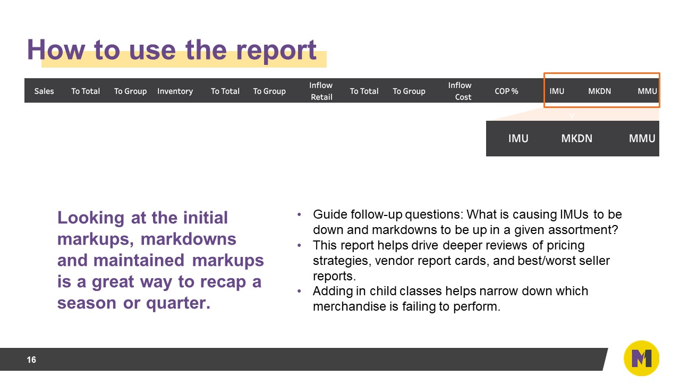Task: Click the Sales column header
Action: (x=44, y=91)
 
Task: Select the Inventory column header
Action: (x=175, y=91)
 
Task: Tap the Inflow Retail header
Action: (x=321, y=91)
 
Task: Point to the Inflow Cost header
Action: (x=460, y=91)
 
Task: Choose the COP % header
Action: (x=506, y=91)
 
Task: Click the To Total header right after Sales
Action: (x=86, y=91)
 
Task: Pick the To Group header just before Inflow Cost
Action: (x=409, y=91)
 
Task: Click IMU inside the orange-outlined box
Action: (x=557, y=91)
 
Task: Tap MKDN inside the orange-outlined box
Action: (x=599, y=91)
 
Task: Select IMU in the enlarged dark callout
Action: (x=518, y=138)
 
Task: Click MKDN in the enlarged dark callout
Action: (x=576, y=138)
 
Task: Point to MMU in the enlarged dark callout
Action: (x=642, y=138)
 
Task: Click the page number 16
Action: (x=31, y=360)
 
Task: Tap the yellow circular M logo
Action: (x=641, y=359)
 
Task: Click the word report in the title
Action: (x=276, y=49)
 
